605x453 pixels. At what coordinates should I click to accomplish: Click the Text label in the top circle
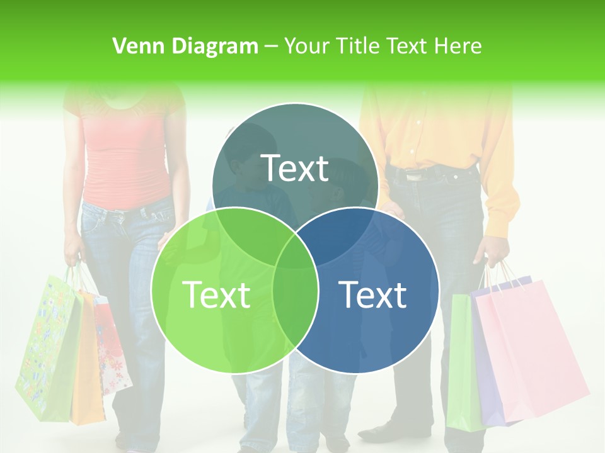click(x=295, y=168)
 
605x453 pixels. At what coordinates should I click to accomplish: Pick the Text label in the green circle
click(x=216, y=294)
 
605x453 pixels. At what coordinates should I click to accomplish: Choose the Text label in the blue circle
click(x=372, y=294)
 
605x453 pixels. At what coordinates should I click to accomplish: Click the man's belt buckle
click(x=414, y=177)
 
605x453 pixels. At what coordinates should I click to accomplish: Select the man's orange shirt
click(x=435, y=132)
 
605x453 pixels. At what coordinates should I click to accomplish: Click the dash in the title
click(x=271, y=46)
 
